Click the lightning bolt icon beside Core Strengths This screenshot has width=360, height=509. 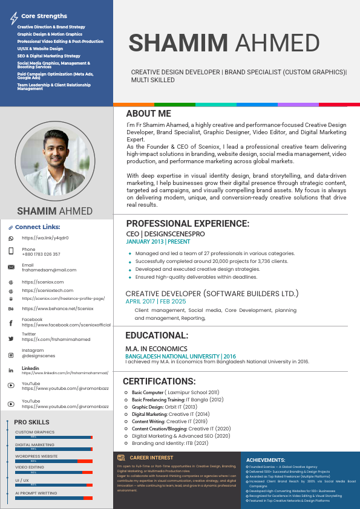(14, 18)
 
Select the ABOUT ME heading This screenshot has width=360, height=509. (149, 114)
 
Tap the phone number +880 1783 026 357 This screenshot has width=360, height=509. (41, 254)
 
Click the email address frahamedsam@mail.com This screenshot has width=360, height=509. (49, 270)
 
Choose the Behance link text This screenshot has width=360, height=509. (57, 308)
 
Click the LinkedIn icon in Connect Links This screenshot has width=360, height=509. (11, 370)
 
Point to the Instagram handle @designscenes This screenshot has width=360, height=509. (38, 356)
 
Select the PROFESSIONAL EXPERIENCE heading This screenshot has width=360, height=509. (188, 224)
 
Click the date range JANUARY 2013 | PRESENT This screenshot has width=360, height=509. (158, 241)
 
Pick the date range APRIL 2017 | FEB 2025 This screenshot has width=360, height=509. (155, 301)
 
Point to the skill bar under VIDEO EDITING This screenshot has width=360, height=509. (54, 472)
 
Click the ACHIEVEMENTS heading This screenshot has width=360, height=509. (266, 460)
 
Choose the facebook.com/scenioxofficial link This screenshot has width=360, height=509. (66, 325)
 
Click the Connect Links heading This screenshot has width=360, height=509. (38, 227)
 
